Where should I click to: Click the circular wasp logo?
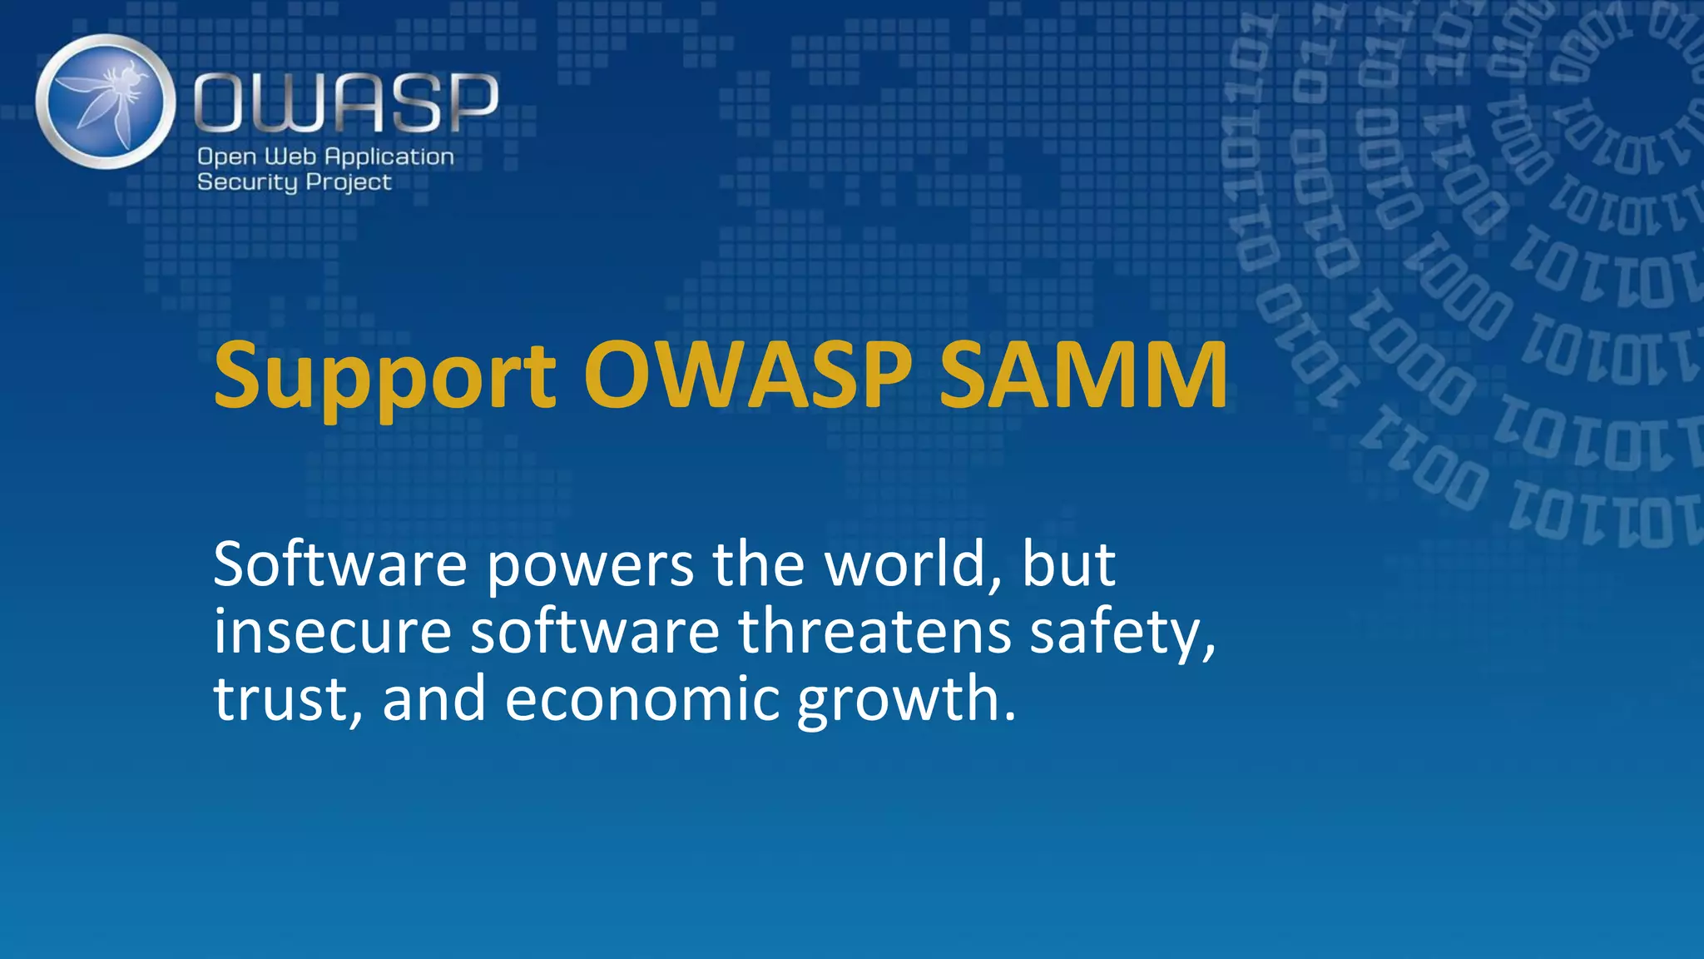coord(106,102)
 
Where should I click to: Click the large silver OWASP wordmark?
coord(346,102)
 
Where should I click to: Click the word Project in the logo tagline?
coord(349,182)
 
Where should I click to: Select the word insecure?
coord(332,631)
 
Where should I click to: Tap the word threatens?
coord(874,631)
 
